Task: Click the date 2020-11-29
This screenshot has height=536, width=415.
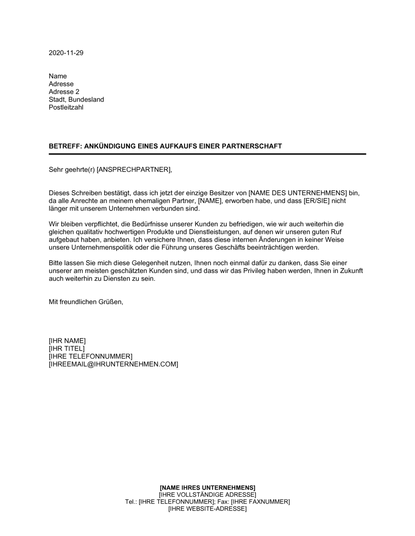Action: pyautogui.click(x=66, y=53)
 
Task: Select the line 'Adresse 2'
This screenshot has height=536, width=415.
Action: pyautogui.click(x=64, y=92)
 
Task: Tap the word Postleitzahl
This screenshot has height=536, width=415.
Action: pyautogui.click(x=66, y=108)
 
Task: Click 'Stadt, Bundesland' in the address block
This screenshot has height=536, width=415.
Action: pyautogui.click(x=76, y=100)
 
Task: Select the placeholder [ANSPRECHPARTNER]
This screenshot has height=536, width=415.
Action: pyautogui.click(x=133, y=170)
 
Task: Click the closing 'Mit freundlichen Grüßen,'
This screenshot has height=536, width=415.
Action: pyautogui.click(x=86, y=302)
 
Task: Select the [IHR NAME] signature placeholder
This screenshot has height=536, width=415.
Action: pyautogui.click(x=67, y=341)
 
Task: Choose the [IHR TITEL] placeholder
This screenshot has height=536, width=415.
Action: pyautogui.click(x=66, y=349)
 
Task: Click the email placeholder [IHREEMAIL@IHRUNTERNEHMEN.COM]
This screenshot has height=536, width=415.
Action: pyautogui.click(x=113, y=364)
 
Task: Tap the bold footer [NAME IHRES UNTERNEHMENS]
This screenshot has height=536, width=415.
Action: pyautogui.click(x=207, y=487)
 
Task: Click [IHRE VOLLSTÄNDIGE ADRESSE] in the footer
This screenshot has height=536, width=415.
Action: pyautogui.click(x=207, y=494)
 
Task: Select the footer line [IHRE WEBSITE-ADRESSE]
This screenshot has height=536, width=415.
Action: pyautogui.click(x=207, y=509)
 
